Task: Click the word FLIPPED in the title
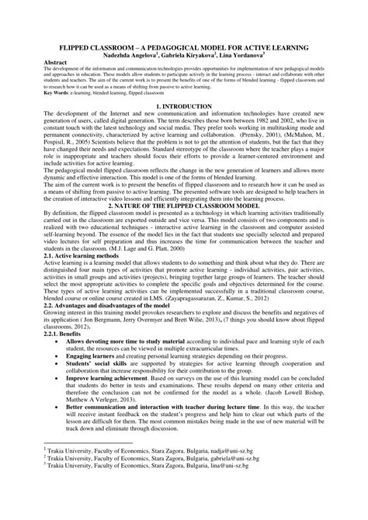coord(76,48)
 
